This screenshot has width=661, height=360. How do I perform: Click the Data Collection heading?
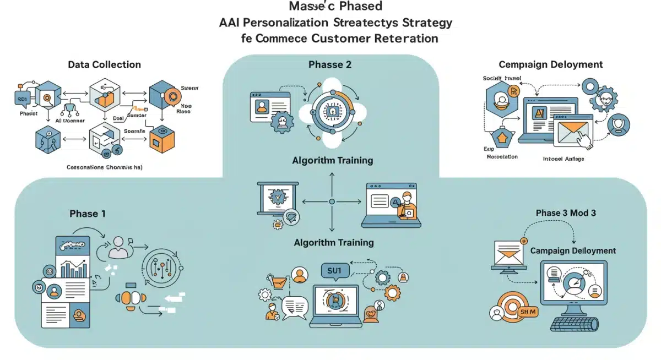coord(104,65)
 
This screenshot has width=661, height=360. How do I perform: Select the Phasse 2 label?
coord(330,65)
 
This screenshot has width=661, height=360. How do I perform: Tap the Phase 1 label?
coord(88,214)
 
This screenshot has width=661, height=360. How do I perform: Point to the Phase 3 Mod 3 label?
coord(566,213)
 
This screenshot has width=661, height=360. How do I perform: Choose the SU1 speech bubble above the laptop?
coord(332,271)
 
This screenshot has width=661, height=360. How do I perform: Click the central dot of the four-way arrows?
coord(332,202)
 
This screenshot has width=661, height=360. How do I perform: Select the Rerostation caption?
coord(502,156)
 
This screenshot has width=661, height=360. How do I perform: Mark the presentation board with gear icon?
coord(277,199)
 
